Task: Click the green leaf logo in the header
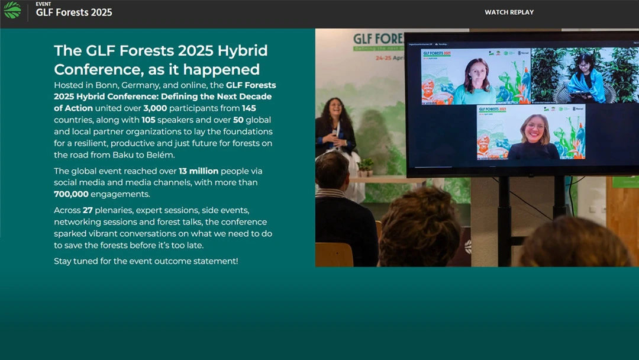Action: point(12,10)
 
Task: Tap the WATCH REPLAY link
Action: point(509,12)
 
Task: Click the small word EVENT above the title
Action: point(43,4)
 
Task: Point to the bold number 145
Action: point(249,108)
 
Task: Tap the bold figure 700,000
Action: point(71,194)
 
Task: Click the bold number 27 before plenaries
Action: point(88,210)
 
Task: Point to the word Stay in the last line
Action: point(63,261)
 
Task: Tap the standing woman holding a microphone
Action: point(334,127)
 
